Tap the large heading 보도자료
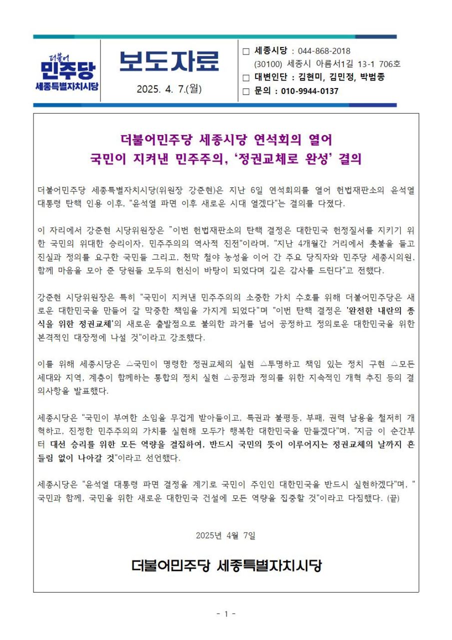click(169, 61)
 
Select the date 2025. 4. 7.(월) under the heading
click(169, 89)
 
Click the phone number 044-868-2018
click(324, 51)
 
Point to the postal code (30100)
click(268, 64)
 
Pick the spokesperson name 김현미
click(311, 77)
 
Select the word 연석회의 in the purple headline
click(277, 138)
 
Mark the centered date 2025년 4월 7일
click(226, 535)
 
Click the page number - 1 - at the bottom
click(226, 613)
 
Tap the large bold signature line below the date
click(226, 566)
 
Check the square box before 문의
click(245, 91)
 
